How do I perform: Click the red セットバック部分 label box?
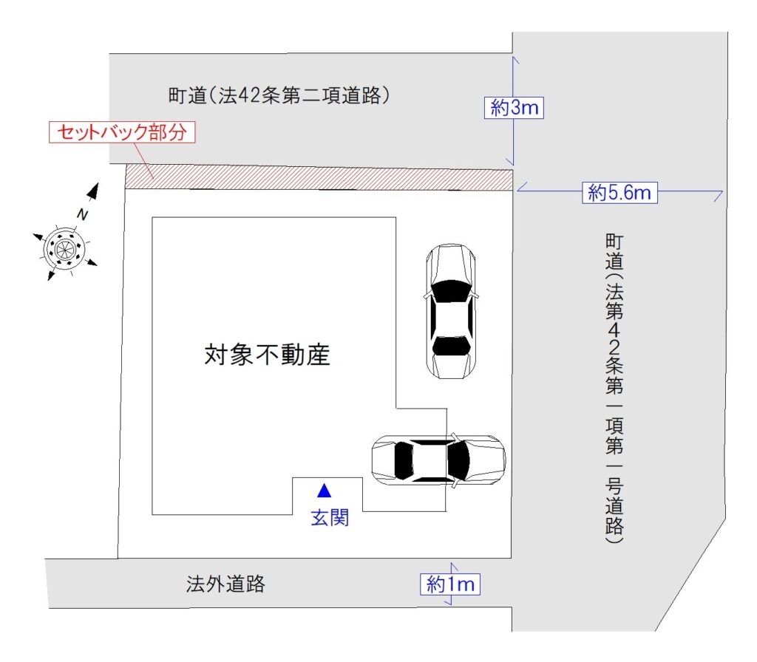click(122, 132)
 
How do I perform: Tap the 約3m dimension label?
click(515, 107)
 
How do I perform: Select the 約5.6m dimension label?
click(619, 193)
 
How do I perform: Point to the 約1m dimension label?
click(450, 584)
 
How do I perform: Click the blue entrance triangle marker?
click(324, 491)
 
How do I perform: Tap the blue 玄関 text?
click(330, 518)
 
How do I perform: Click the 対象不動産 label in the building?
click(267, 355)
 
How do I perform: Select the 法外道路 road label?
click(225, 584)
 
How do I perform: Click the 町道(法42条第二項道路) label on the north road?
click(279, 95)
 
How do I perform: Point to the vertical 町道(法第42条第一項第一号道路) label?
click(614, 389)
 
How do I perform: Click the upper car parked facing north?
click(451, 311)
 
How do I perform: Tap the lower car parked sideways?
click(439, 460)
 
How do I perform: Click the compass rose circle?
click(64, 250)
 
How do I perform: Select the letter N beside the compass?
click(83, 214)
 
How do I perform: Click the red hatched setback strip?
click(319, 177)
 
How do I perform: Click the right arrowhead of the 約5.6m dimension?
click(719, 194)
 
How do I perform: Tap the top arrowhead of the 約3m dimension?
click(515, 60)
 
